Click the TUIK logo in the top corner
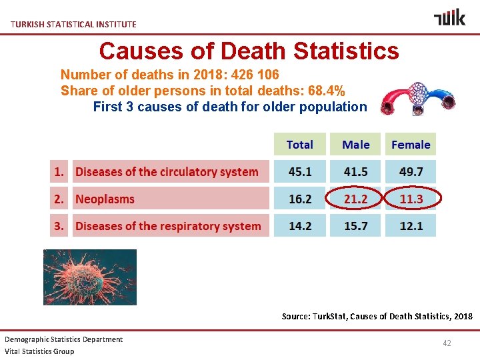449,17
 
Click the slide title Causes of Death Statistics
249,51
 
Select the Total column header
299,145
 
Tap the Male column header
355,145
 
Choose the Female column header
411,145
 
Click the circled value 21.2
355,199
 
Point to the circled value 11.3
411,199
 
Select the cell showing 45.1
299,171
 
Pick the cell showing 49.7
411,171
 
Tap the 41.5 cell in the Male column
355,171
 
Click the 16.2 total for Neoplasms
299,199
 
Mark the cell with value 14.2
299,226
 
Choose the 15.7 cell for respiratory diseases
355,226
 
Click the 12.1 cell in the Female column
411,226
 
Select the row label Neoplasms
105,199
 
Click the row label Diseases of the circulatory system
167,171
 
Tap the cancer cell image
90,277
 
